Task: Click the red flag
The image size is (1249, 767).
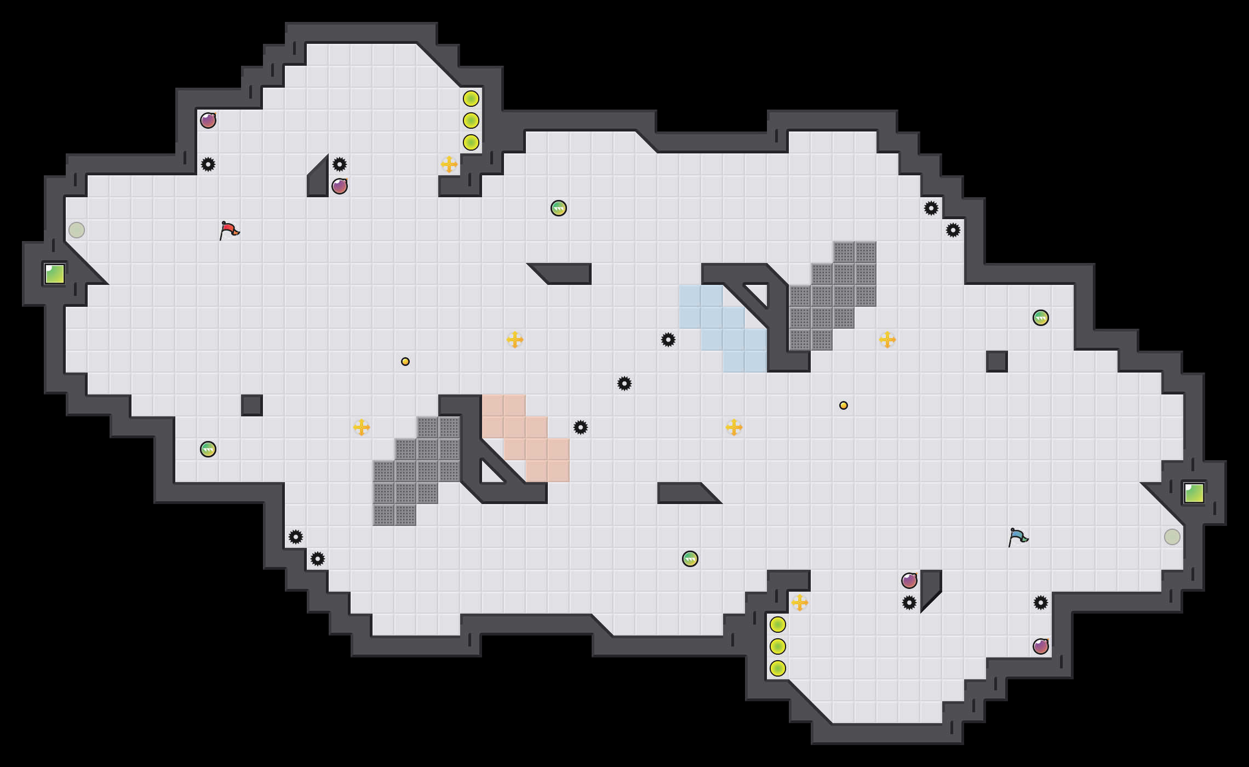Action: pos(229,230)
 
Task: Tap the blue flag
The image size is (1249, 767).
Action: pos(1018,537)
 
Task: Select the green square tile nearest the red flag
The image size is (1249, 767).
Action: pos(55,274)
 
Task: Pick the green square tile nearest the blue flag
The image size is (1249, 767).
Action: pos(1194,493)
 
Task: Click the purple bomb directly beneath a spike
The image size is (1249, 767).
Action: pos(340,186)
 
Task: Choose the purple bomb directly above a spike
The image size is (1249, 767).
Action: pos(909,581)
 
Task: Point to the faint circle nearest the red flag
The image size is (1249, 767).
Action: pos(77,230)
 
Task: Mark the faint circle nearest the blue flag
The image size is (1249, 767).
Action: pos(1172,537)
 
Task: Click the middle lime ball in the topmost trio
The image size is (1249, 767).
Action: pos(471,121)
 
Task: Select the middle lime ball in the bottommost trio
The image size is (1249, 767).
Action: pos(778,646)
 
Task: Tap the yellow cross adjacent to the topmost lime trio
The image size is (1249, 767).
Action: pos(449,164)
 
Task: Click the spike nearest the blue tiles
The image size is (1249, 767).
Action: pos(668,340)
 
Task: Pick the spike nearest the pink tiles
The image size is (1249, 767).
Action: pos(581,427)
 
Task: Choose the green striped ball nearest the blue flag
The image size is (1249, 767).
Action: pos(1041,318)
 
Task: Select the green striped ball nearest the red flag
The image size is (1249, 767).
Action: pos(208,449)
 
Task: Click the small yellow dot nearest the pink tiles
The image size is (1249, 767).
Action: pos(405,362)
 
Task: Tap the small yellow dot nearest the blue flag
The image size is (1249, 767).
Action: pos(844,405)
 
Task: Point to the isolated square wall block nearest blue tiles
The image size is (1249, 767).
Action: pos(997,362)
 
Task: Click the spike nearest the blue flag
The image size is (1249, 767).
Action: pos(1041,603)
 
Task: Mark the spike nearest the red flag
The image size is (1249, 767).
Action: pos(208,164)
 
